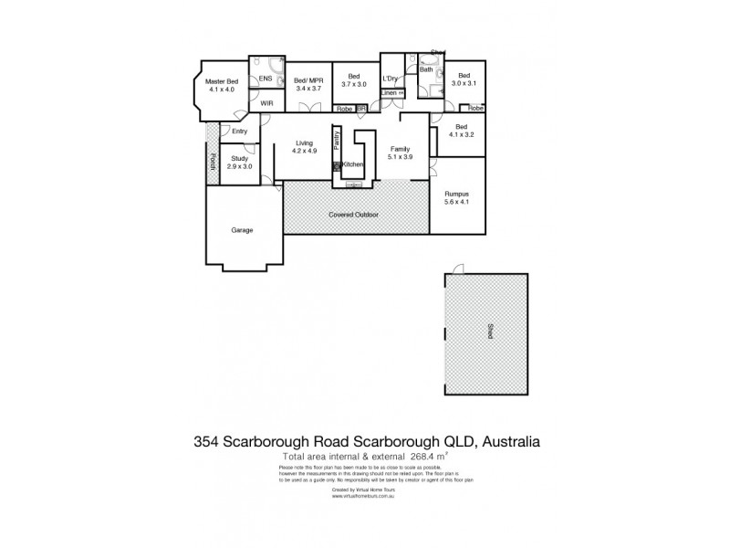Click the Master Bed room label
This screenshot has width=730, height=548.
coord(222,84)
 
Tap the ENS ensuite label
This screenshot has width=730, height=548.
coord(266,79)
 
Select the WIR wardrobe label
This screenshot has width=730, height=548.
coord(266,103)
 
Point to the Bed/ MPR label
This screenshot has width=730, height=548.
coord(309,84)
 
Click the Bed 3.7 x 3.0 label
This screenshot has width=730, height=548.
coord(353,79)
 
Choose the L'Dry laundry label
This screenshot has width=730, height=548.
coord(390,77)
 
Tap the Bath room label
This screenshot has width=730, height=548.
coord(426,69)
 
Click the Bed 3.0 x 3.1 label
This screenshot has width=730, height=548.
coord(464,79)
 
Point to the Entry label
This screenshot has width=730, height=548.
coord(239,132)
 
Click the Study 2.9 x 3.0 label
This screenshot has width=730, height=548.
coord(239,163)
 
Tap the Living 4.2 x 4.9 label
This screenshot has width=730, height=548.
coord(304,146)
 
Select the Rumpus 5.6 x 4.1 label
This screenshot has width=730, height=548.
coord(456,198)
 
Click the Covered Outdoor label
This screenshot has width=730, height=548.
coord(354,216)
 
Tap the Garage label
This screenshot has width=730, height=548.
coord(241,230)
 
